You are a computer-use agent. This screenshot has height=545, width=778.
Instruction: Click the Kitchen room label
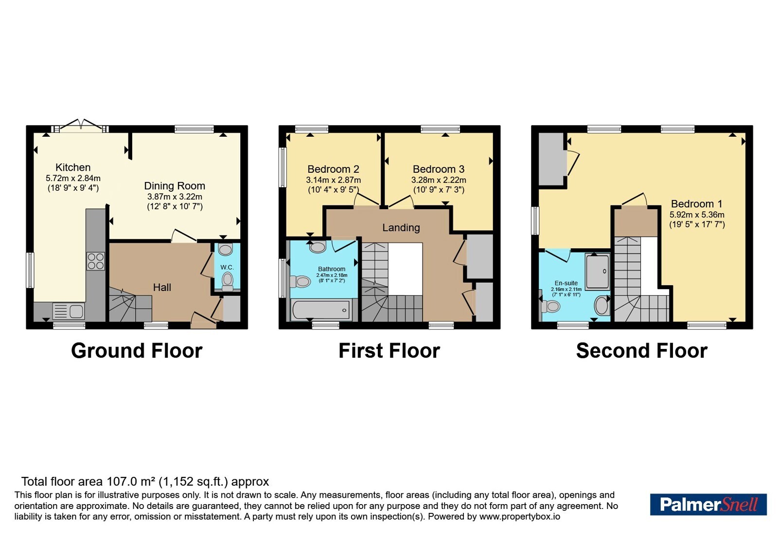(73, 167)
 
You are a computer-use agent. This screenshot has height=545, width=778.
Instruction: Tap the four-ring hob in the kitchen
(96, 261)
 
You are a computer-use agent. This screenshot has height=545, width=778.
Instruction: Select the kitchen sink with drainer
(69, 311)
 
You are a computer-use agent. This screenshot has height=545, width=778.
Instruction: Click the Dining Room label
(175, 186)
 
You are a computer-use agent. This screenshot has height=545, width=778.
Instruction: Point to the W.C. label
(227, 267)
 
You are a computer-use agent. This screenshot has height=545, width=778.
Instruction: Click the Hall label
(162, 288)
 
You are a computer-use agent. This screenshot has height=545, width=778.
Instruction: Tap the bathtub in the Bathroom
(321, 309)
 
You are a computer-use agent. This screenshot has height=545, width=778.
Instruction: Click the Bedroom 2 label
(334, 169)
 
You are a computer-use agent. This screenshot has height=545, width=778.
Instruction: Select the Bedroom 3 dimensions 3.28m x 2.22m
(439, 180)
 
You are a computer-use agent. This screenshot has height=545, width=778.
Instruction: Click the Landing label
(401, 228)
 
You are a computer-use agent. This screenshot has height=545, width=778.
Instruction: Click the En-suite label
(566, 283)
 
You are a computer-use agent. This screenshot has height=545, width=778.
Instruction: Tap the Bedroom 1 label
(697, 204)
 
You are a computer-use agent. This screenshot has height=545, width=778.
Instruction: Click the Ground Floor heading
(137, 351)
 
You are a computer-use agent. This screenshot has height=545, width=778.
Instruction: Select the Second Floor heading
(642, 351)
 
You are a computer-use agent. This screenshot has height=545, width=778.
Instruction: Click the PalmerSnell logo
(708, 504)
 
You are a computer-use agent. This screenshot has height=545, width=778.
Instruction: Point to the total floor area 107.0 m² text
(145, 482)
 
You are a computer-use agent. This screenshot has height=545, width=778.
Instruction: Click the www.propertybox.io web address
(520, 516)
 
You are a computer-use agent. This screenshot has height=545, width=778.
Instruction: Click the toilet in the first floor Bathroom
(300, 282)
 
